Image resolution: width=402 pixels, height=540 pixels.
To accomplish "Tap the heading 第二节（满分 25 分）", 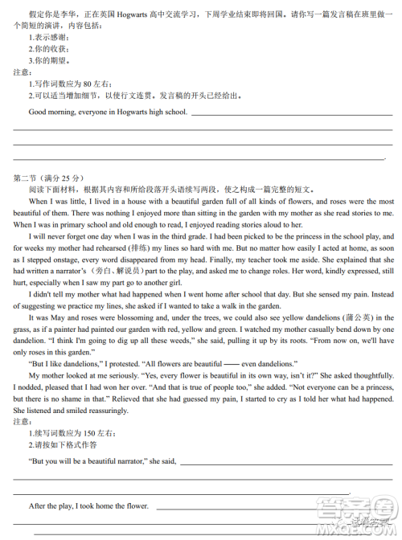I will coord(48,177).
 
